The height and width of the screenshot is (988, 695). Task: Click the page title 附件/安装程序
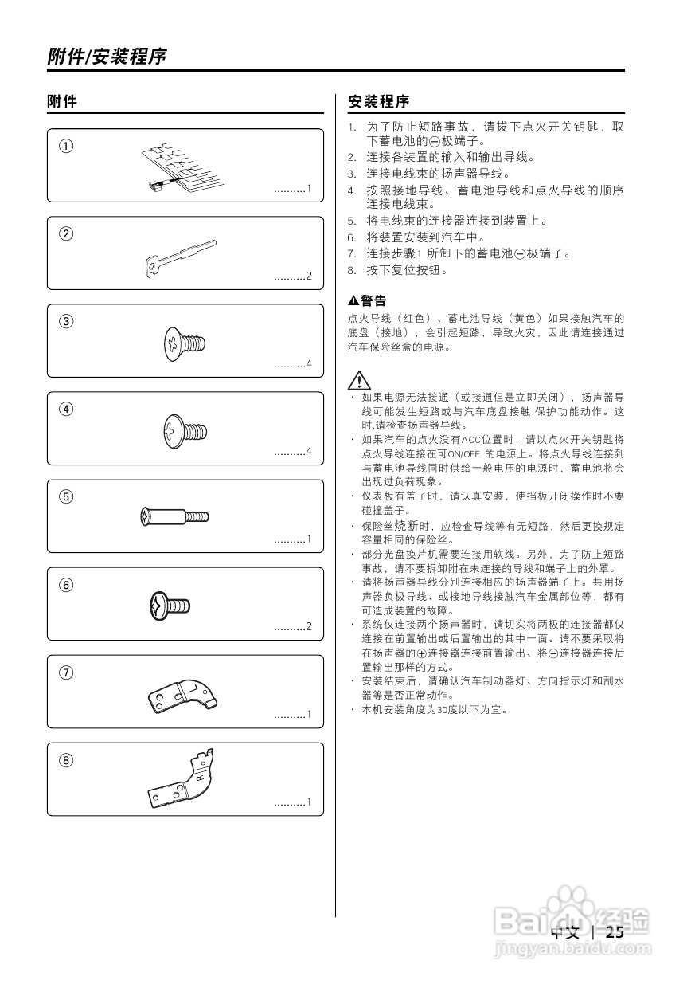[x=107, y=57]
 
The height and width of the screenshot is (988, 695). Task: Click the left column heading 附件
[x=62, y=102]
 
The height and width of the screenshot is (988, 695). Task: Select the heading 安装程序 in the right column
[x=379, y=102]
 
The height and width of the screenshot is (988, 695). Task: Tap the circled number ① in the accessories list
[x=67, y=146]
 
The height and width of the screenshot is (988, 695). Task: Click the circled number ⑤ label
[x=67, y=496]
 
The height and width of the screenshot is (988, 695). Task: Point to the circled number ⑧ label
[x=67, y=759]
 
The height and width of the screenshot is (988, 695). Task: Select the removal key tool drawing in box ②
[x=181, y=257]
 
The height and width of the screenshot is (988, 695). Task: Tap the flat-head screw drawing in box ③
[x=185, y=343]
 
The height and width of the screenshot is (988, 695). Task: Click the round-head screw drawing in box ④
[x=185, y=431]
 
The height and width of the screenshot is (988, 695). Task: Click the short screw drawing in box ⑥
[x=170, y=606]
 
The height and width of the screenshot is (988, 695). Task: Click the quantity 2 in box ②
[x=309, y=276]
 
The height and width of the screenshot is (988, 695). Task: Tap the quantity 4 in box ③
[x=309, y=364]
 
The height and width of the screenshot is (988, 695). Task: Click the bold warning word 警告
[x=373, y=301]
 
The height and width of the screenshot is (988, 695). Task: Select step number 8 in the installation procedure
[x=351, y=270]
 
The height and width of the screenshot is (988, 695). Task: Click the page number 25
[x=615, y=932]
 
